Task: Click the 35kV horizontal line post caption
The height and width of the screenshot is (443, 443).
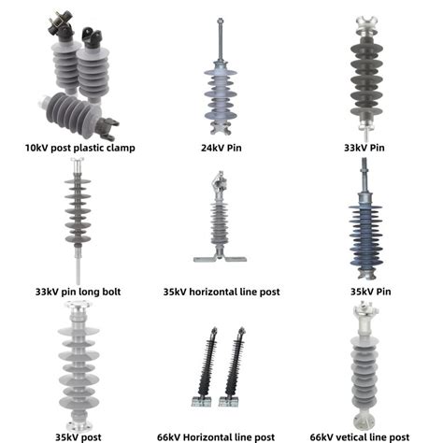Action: tap(221, 292)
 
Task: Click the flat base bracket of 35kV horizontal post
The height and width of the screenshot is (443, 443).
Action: tap(221, 259)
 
